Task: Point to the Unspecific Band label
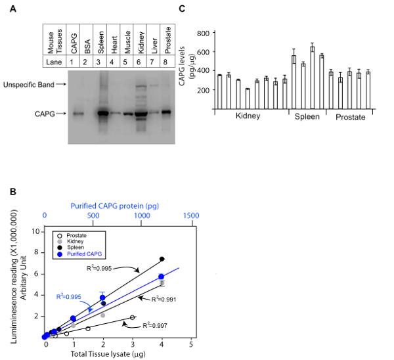click(35, 85)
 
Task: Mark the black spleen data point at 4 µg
click(162, 259)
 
